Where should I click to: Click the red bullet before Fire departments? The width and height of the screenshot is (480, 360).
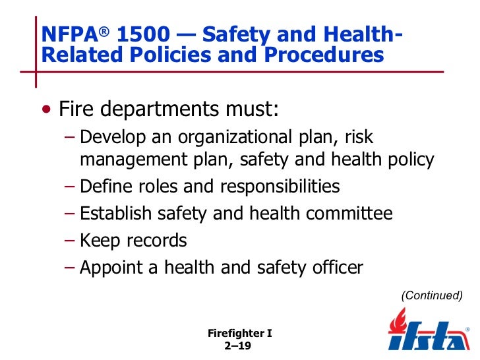pos(45,108)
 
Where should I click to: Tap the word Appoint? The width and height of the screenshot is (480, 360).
pos(109,268)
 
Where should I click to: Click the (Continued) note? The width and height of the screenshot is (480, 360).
pos(432,295)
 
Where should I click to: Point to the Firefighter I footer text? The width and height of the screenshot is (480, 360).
pos(239,334)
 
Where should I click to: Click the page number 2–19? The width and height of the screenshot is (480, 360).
pos(239,346)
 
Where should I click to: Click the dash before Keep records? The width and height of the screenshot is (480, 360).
pos(71,241)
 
